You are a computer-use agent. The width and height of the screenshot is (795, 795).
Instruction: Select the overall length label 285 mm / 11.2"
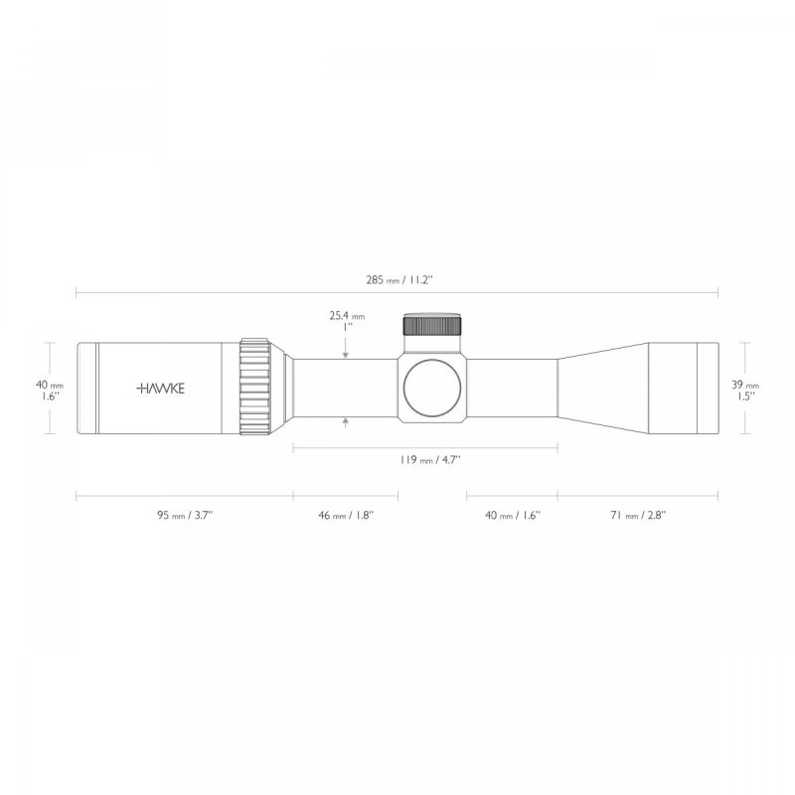tap(397, 281)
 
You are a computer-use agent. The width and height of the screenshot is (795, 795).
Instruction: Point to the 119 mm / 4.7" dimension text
tap(424, 461)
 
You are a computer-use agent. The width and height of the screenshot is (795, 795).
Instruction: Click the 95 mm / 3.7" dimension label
tap(185, 515)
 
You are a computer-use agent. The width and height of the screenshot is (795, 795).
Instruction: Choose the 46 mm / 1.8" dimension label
tap(346, 515)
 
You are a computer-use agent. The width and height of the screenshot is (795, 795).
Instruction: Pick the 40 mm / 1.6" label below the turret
tap(513, 515)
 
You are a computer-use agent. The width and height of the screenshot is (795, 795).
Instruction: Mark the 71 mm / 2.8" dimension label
tap(638, 515)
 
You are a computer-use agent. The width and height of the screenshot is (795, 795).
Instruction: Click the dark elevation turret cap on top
tap(432, 326)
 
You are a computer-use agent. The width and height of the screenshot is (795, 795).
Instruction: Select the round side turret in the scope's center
tap(432, 389)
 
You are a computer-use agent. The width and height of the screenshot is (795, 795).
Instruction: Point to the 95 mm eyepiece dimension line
tap(185, 493)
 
